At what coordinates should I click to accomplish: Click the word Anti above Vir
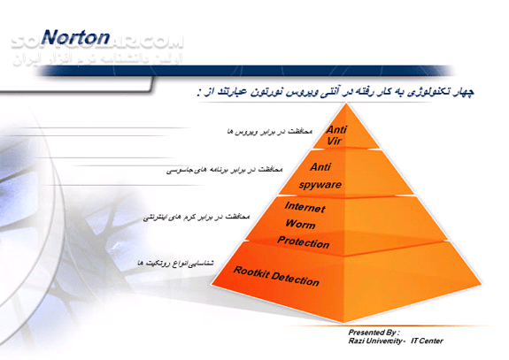[337, 130]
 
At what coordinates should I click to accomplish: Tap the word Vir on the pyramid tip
[335, 142]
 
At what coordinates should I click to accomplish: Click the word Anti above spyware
[320, 165]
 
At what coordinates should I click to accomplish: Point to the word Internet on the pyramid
[305, 208]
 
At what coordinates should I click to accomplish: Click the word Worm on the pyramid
[301, 225]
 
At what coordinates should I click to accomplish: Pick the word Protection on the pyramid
[303, 242]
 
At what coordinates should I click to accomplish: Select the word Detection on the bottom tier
[297, 280]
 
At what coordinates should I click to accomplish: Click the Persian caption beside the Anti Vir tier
[258, 131]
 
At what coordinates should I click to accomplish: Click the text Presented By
[374, 332]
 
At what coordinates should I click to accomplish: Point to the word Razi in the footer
[358, 341]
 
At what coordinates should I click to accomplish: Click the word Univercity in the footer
[387, 341]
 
